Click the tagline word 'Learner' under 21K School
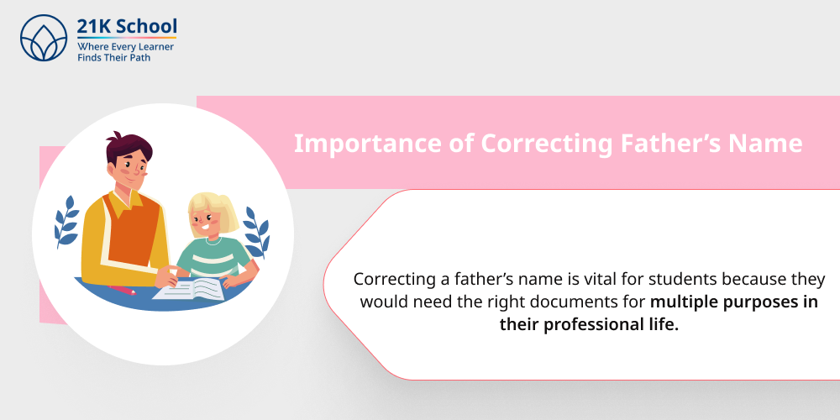point(152,47)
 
